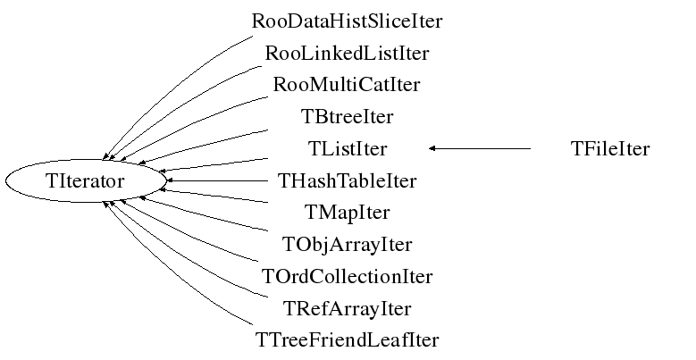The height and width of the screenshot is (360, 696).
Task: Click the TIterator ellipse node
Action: tap(85, 181)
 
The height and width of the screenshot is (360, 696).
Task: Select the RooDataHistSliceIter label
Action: tap(348, 21)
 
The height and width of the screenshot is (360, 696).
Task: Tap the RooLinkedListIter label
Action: tap(348, 53)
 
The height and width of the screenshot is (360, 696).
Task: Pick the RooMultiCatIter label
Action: tap(348, 85)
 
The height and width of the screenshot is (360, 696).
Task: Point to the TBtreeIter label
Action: tap(348, 116)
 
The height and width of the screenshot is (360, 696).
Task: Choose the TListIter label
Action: tap(348, 148)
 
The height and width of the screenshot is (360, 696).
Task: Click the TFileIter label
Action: tap(609, 148)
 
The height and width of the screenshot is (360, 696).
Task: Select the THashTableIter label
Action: tap(348, 181)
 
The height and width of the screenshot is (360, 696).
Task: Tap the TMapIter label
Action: tap(348, 213)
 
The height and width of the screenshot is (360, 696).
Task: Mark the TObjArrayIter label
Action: tap(348, 244)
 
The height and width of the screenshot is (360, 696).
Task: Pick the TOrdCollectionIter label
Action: tap(348, 276)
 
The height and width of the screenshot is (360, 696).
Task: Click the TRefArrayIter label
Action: tap(348, 308)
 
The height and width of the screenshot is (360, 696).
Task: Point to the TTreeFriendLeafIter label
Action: tap(348, 340)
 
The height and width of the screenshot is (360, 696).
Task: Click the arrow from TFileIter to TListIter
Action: tap(482, 148)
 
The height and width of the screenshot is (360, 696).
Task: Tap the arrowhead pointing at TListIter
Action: tap(432, 148)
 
